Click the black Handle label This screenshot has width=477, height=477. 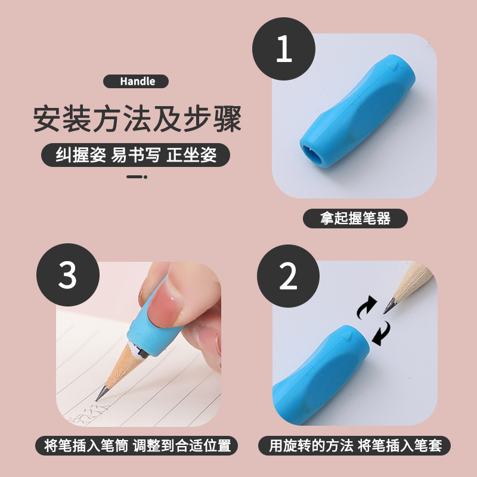[136, 82]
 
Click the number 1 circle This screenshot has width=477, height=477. [284, 49]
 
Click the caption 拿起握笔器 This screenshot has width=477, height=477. [355, 218]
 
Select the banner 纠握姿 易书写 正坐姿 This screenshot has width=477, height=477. [136, 156]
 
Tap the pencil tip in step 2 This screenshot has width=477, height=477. [388, 308]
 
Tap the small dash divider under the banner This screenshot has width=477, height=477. [137, 176]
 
